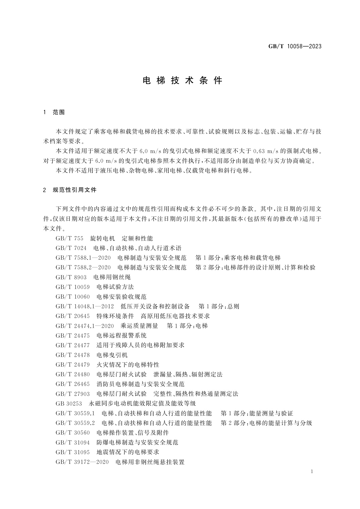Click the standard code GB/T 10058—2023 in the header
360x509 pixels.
pos(295,46)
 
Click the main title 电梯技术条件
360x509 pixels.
pos(182,80)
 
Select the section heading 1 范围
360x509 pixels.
pos(54,112)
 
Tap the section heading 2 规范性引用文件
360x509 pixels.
pos(70,190)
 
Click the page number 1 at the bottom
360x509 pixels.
pos(312,472)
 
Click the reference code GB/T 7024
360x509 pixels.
pos(71,248)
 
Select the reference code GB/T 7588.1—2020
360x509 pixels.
pos(83,258)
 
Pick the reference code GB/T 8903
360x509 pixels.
pos(71,277)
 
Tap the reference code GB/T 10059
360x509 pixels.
pos(73,287)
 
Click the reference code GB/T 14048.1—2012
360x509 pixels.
pos(85,306)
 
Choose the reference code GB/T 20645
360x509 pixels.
pos(73,316)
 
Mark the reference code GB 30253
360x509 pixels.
pos(69,403)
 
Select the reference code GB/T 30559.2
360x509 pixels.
pos(75,423)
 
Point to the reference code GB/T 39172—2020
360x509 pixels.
pos(82,462)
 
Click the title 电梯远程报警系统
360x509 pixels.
pos(122,335)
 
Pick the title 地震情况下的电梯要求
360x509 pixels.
pos(128,452)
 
